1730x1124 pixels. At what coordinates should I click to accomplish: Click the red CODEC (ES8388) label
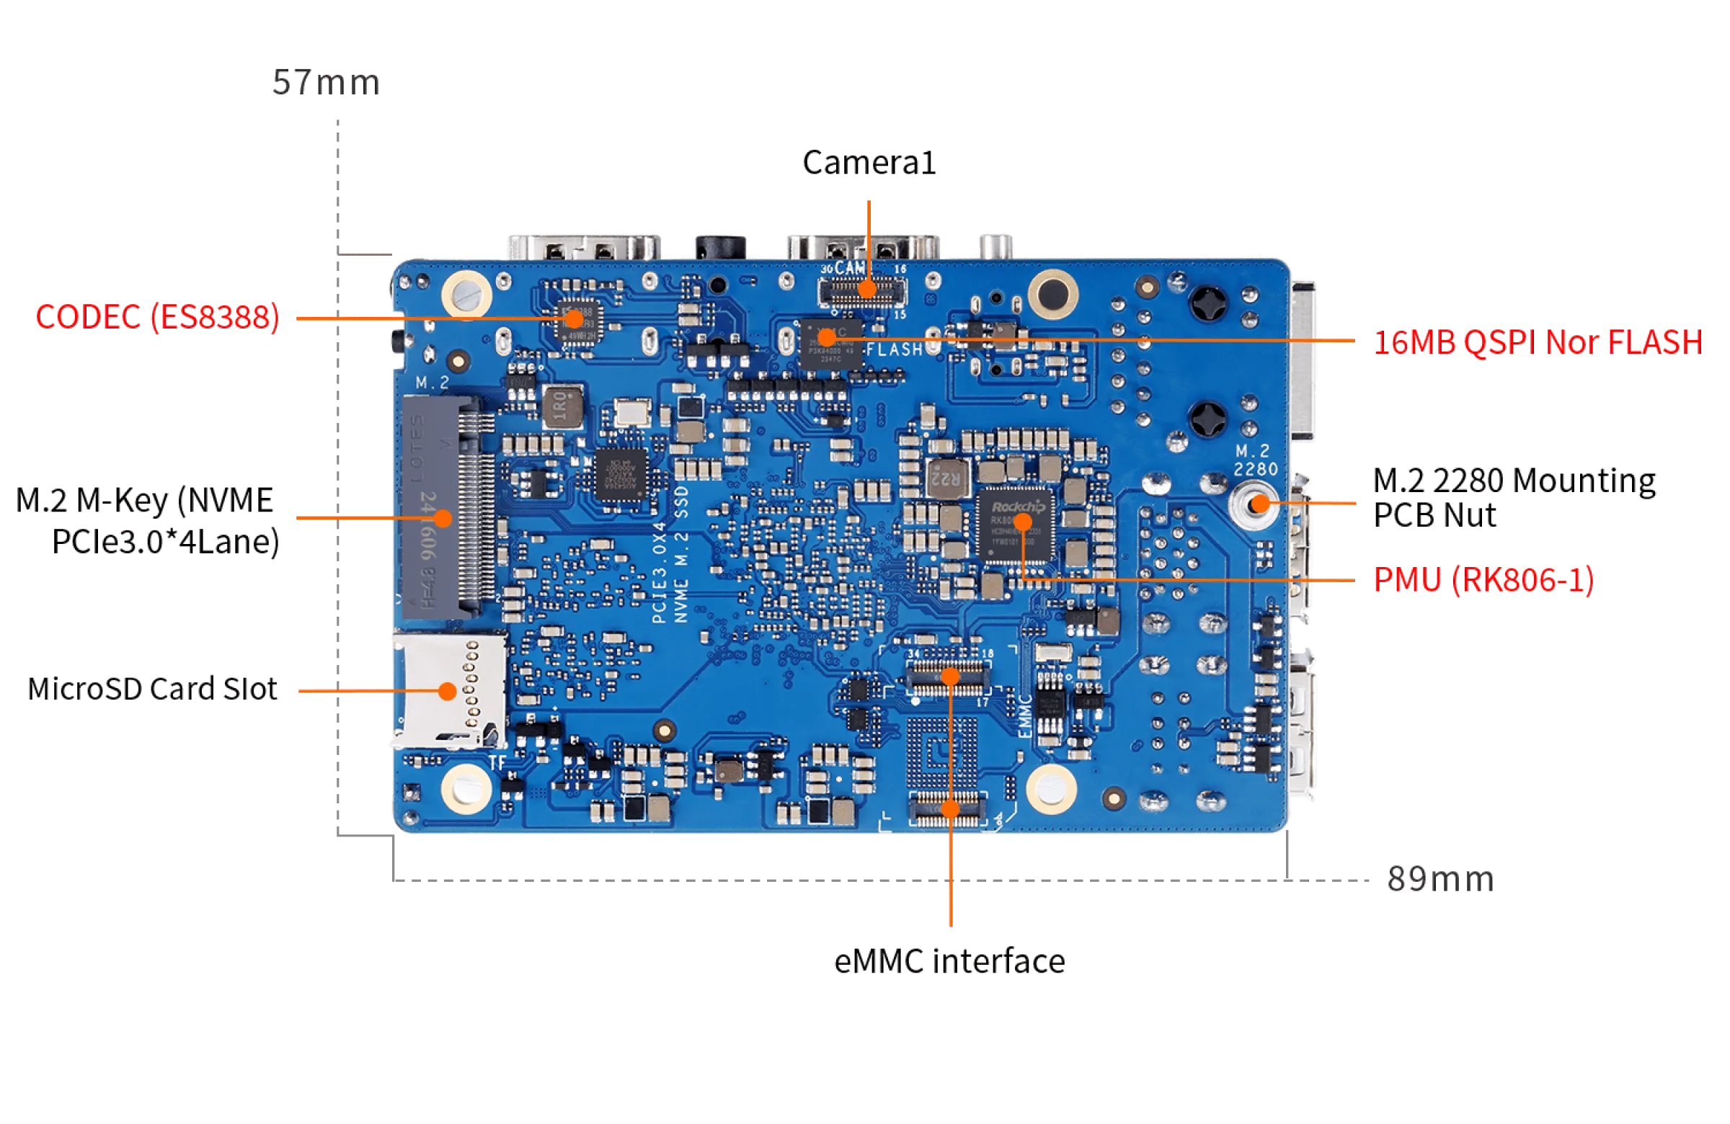click(x=157, y=318)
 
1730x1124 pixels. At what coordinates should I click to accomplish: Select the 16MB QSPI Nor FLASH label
click(x=1536, y=343)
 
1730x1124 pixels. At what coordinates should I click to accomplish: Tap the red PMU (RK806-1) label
click(x=1483, y=580)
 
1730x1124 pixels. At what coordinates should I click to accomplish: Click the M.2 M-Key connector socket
click(x=448, y=507)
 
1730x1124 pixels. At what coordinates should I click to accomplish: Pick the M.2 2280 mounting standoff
click(x=1256, y=504)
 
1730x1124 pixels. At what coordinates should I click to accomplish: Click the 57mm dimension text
click(x=326, y=82)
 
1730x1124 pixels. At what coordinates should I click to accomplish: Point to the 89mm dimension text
click(x=1440, y=880)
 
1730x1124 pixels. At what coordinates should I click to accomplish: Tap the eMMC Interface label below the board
click(x=949, y=961)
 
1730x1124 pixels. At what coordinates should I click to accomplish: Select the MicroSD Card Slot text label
click(x=154, y=689)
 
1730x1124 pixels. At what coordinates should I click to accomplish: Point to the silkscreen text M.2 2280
click(x=1256, y=460)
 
